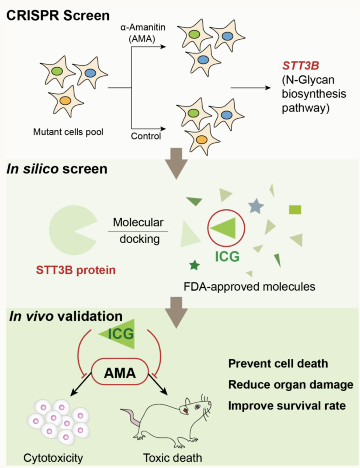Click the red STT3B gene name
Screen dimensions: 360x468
point(301,66)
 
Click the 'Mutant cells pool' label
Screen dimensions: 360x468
point(68,132)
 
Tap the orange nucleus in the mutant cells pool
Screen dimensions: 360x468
point(65,101)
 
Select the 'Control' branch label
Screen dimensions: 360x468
point(146,136)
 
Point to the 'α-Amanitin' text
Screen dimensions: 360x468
point(143,27)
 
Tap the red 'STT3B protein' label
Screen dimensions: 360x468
point(76,270)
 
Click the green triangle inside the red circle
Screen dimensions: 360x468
point(224,228)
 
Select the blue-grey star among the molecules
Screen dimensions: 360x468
point(256,206)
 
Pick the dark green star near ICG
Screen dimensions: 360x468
point(195,265)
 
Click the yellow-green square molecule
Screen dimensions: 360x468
point(295,210)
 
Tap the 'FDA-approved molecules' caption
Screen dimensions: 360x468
point(249,287)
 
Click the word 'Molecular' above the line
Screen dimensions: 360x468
point(138,223)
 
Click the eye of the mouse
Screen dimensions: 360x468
point(198,406)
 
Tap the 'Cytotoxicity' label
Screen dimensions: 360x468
point(53,458)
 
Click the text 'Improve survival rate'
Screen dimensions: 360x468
point(287,406)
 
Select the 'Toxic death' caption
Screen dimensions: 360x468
point(172,458)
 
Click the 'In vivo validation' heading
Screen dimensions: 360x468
point(66,316)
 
